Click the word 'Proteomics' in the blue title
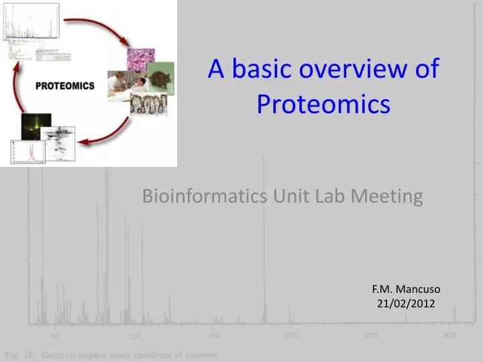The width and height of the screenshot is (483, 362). (323, 105)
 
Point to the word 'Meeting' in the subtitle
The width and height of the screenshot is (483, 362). (389, 196)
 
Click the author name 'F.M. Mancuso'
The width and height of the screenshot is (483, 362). (406, 289)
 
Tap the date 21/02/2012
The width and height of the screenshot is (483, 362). (406, 304)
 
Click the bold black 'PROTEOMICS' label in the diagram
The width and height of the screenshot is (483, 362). (65, 86)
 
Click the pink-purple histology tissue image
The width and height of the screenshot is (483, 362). (140, 59)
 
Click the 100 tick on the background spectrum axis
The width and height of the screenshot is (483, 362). (135, 335)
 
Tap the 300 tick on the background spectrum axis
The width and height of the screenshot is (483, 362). (449, 335)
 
